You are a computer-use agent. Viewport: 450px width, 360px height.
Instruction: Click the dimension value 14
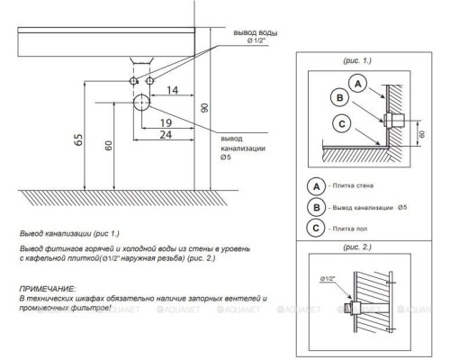[173, 90]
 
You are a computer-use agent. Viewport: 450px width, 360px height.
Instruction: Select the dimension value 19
[166, 122]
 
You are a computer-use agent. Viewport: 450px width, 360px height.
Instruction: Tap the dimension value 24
[166, 135]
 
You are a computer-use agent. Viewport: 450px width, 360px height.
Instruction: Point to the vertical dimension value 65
[78, 139]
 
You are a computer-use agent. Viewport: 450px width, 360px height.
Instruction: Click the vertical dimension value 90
[204, 108]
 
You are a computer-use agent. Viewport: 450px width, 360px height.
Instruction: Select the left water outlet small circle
[133, 81]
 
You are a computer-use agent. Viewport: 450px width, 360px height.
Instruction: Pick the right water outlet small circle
[149, 81]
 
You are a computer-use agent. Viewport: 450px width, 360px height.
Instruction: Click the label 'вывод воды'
[256, 32]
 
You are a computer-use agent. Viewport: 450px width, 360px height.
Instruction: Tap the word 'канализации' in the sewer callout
[243, 148]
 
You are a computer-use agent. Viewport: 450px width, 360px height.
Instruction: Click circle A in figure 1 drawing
[358, 84]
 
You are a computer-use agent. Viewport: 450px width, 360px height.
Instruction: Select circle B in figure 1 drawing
[339, 98]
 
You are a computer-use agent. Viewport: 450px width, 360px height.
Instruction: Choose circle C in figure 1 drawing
[342, 124]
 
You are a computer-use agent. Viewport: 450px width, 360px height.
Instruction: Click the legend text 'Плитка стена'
[353, 185]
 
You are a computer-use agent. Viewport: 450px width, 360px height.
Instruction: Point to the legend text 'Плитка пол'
[350, 229]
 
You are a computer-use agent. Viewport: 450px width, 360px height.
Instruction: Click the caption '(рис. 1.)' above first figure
[357, 60]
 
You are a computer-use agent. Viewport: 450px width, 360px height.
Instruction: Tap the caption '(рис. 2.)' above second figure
[357, 247]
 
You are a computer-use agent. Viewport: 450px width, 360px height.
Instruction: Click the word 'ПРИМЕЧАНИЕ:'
[48, 289]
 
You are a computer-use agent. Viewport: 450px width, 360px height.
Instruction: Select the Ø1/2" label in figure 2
[328, 279]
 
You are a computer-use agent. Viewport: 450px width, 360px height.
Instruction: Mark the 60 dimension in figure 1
[422, 134]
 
